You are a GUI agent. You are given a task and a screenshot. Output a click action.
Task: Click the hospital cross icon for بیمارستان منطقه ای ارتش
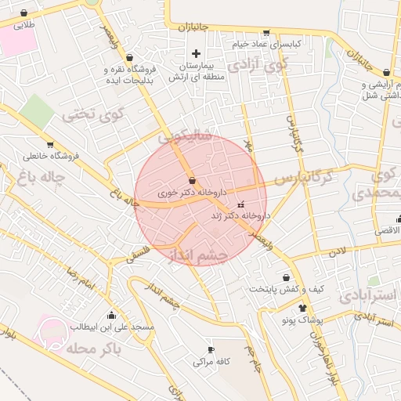pyautogui.click(x=196, y=53)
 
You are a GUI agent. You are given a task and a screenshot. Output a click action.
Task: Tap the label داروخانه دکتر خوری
pyautogui.click(x=192, y=192)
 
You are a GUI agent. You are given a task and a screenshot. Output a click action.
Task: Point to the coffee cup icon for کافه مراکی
pyautogui.click(x=210, y=349)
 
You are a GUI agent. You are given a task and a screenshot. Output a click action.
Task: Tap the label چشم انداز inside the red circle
pyautogui.click(x=198, y=255)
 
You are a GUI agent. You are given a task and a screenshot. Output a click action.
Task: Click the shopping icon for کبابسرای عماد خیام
pyautogui.click(x=266, y=33)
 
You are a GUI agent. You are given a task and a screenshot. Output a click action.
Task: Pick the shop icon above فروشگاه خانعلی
pyautogui.click(x=50, y=144)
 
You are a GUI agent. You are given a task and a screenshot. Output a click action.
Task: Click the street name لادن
pyautogui.click(x=337, y=253)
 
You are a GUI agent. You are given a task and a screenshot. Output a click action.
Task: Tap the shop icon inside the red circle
pyautogui.click(x=192, y=181)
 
